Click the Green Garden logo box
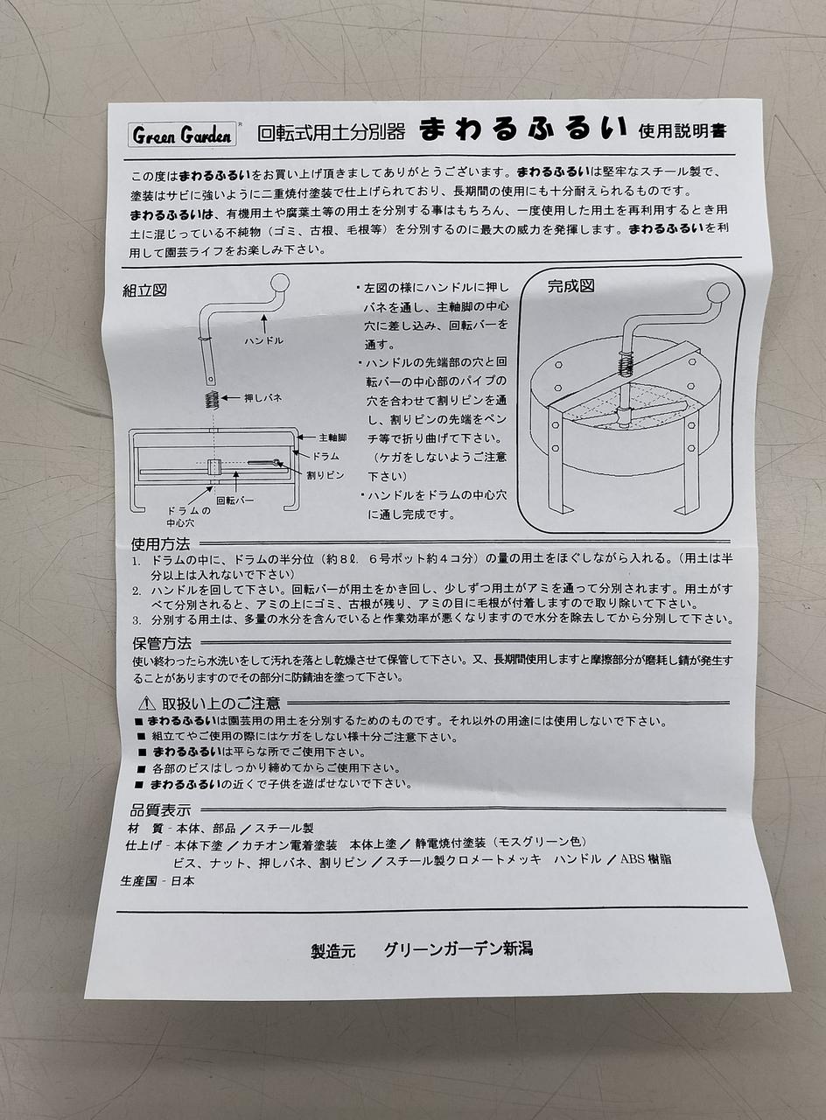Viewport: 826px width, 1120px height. click(182, 135)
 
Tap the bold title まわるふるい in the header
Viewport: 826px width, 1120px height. click(523, 129)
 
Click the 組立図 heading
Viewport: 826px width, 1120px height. click(144, 290)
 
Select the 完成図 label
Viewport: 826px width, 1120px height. click(571, 286)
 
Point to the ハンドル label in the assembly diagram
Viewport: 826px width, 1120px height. click(264, 340)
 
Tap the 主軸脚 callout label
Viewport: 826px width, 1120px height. click(332, 437)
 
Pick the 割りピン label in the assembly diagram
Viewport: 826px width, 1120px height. click(325, 475)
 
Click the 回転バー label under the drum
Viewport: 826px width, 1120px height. click(235, 500)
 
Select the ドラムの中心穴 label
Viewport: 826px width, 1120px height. click(188, 516)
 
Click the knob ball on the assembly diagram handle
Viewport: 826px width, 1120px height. click(279, 283)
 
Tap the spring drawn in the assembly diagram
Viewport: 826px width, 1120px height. click(212, 399)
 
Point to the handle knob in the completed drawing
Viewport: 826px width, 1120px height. click(718, 292)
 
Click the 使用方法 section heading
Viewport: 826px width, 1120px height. click(160, 543)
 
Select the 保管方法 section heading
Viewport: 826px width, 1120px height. click(162, 643)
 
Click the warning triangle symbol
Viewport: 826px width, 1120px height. click(146, 703)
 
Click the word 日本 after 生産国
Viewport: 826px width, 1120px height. click(183, 894)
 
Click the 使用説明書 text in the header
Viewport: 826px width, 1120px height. click(682, 130)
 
